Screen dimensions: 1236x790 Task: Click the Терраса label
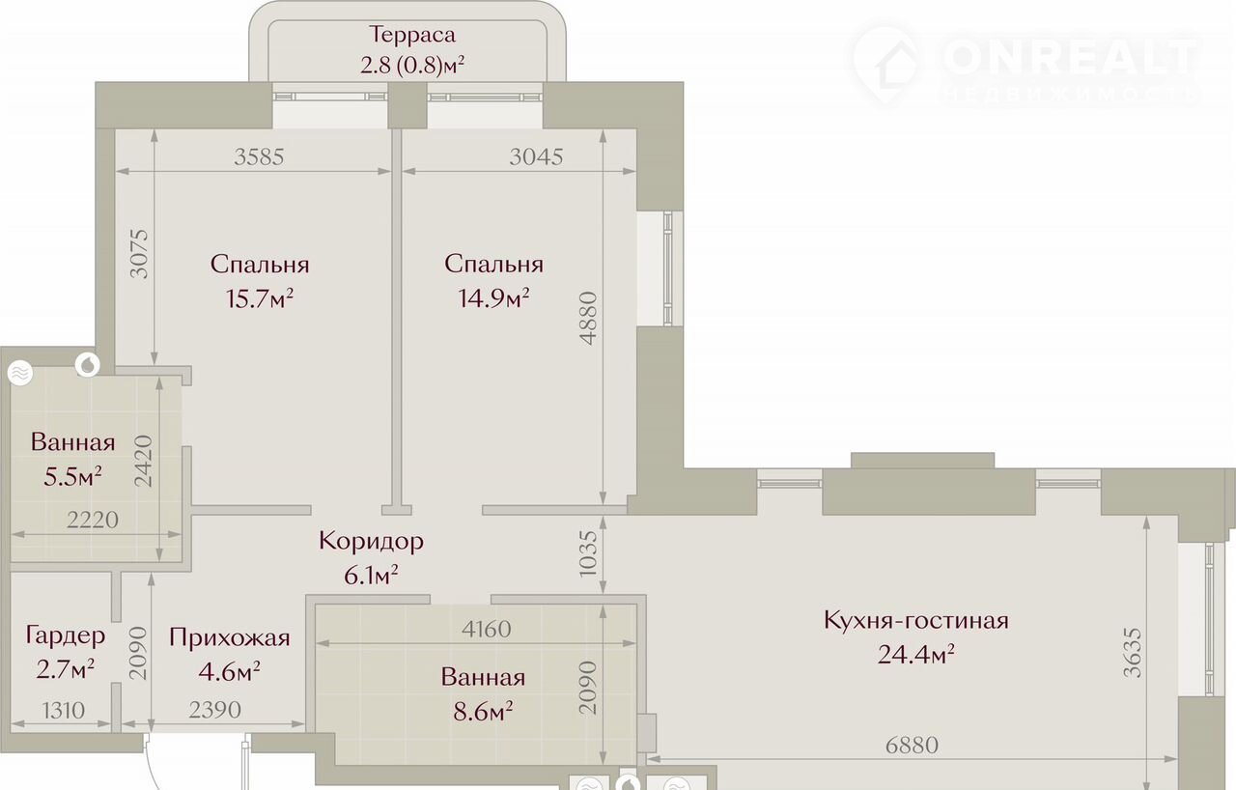click(x=412, y=35)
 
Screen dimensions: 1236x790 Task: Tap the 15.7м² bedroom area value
click(x=260, y=299)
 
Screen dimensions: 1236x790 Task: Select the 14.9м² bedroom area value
click(x=493, y=298)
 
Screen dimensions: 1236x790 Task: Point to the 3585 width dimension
click(x=259, y=156)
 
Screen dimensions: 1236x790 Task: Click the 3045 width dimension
click(x=536, y=156)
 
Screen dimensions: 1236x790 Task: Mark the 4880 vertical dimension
click(x=589, y=319)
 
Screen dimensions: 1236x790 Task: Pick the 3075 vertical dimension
click(x=138, y=254)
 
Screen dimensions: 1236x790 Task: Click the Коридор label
click(x=371, y=541)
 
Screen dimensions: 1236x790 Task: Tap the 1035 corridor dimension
click(x=589, y=554)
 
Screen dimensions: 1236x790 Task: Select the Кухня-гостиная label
click(x=916, y=620)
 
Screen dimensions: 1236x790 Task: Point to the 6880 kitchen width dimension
click(x=912, y=746)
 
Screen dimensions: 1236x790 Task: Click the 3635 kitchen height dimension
click(x=1132, y=652)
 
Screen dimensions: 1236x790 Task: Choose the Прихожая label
click(x=230, y=637)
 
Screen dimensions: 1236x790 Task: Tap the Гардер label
click(x=65, y=635)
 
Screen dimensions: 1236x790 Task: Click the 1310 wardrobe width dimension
click(x=63, y=710)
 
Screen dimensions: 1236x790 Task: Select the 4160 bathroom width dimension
click(x=486, y=629)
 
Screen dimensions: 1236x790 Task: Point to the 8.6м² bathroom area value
click(x=483, y=712)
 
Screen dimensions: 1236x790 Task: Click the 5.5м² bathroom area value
click(x=72, y=477)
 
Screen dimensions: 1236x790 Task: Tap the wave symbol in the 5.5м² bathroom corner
click(x=20, y=374)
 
